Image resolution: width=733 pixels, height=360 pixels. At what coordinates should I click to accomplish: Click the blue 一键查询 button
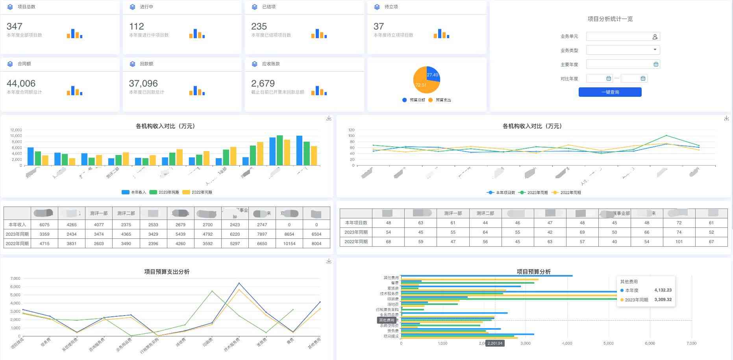[610, 92]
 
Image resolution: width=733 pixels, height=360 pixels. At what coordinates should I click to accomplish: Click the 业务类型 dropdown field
[623, 50]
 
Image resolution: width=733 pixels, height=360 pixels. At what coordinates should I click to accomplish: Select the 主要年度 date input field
[623, 64]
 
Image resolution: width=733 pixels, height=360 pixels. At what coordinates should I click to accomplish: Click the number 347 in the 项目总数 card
[15, 26]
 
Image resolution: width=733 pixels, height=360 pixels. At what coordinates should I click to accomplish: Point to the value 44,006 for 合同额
[21, 83]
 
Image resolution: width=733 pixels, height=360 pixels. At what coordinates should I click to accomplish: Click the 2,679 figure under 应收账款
[263, 83]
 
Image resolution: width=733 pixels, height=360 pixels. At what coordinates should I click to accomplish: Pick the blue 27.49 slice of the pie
[433, 74]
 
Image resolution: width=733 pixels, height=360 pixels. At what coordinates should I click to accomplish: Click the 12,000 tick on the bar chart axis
[16, 130]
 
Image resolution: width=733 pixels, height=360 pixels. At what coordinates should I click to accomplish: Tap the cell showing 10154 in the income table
[289, 244]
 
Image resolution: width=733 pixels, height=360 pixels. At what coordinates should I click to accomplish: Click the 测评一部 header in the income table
[98, 213]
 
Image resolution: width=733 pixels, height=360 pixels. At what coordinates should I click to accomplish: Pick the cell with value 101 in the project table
[679, 242]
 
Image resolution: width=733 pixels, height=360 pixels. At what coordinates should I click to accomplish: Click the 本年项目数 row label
[356, 223]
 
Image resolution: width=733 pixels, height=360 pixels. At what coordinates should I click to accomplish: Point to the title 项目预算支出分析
[167, 271]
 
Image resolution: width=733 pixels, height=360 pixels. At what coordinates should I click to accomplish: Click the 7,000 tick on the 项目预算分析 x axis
[691, 343]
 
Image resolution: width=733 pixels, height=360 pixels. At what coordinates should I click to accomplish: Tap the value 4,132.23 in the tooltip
[663, 290]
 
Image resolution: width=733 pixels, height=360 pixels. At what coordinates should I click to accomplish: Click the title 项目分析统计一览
[610, 19]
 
